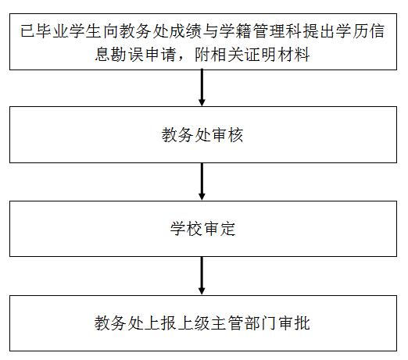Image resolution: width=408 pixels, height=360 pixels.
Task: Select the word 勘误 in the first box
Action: point(127,55)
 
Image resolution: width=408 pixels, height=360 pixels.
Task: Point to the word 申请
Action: point(160,55)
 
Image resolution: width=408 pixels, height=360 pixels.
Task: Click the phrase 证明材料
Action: point(277,55)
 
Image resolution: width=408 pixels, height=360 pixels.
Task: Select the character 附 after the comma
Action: point(202,55)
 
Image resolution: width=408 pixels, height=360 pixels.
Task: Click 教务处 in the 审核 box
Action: point(186,135)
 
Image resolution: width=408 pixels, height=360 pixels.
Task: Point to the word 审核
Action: point(227,135)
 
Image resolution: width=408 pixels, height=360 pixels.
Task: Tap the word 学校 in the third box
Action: point(186,229)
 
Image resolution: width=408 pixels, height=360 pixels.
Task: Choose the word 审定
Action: point(220,229)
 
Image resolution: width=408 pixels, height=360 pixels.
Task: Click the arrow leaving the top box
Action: point(202,87)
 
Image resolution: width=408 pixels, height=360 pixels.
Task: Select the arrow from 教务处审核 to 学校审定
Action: point(202,181)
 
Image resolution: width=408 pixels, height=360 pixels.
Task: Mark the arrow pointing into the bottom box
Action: point(202,276)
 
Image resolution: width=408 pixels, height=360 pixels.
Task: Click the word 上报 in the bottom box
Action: point(160,323)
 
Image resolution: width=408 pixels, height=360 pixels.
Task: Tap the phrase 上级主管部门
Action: point(227,323)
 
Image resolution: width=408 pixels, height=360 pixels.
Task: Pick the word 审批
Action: point(294,323)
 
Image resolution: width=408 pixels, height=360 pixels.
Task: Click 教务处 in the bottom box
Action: point(119,323)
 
